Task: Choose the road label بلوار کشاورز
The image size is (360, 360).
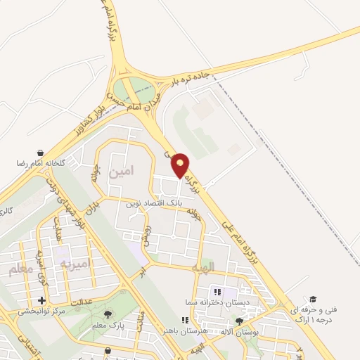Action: click(89, 120)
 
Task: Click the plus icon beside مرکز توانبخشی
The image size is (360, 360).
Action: click(41, 300)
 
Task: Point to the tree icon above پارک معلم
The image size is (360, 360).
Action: click(107, 315)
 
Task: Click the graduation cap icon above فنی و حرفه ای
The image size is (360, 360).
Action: click(312, 300)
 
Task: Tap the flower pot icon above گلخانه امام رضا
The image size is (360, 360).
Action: click(41, 153)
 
